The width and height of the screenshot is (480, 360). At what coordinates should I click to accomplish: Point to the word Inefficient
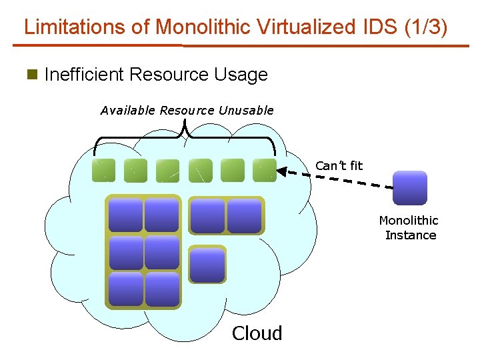[85, 75]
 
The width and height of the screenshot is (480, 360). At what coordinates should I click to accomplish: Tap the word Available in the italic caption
[128, 111]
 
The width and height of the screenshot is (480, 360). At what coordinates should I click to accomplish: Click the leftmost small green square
[103, 171]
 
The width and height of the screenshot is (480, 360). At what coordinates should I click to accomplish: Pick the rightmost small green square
[265, 171]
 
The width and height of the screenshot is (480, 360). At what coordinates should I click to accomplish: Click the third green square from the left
[167, 171]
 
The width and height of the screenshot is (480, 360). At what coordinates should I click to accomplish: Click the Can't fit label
[339, 165]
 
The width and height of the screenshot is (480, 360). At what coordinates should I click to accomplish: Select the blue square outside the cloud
[409, 187]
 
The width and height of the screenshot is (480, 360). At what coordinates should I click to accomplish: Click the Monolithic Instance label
[409, 227]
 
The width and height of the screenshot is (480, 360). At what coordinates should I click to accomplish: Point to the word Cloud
[257, 333]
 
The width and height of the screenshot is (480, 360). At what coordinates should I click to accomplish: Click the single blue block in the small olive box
[207, 265]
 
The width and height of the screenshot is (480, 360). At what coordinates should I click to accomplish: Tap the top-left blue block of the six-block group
[125, 215]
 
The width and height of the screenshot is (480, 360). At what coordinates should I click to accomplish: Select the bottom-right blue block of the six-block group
[162, 289]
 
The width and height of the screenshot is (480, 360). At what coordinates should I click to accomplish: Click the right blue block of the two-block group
[244, 215]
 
